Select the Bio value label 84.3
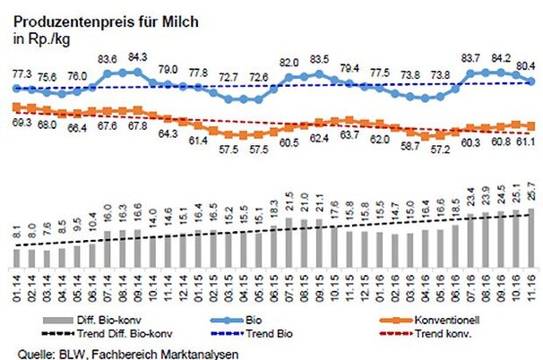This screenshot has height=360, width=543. (x=136, y=58)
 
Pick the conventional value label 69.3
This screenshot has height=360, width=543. (x=19, y=119)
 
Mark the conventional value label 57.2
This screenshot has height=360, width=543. (x=439, y=150)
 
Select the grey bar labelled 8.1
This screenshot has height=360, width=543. (x=17, y=257)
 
